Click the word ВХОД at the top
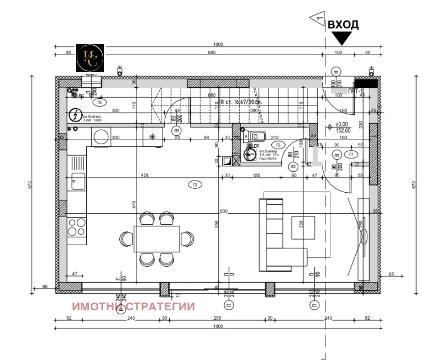pyautogui.click(x=343, y=25)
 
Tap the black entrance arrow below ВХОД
pyautogui.click(x=342, y=38)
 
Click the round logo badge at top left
pyautogui.click(x=90, y=57)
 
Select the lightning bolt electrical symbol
pyautogui.click(x=74, y=115)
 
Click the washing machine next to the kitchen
pyautogui.click(x=101, y=137)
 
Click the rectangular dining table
pyautogui.click(x=156, y=239)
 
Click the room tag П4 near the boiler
pyautogui.click(x=99, y=103)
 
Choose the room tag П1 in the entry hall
pyautogui.click(x=351, y=154)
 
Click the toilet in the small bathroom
pyautogui.click(x=257, y=136)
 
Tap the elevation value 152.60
pyautogui.click(x=345, y=130)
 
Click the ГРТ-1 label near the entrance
pyautogui.click(x=354, y=91)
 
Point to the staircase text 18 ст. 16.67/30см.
pyautogui.click(x=241, y=102)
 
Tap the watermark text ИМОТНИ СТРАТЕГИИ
pyautogui.click(x=134, y=306)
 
